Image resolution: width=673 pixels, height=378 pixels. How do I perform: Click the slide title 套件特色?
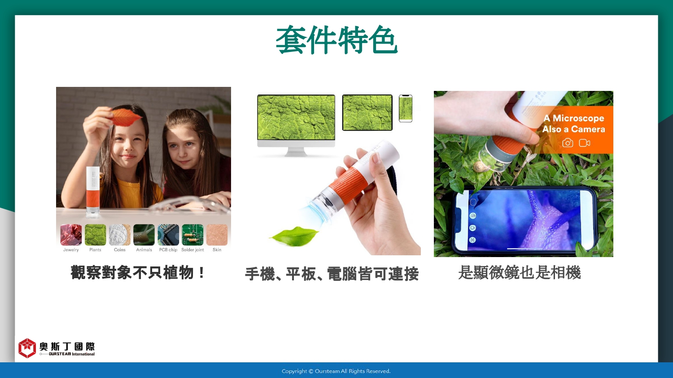pos(336,40)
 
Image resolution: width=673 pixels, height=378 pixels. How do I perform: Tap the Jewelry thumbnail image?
pos(71,235)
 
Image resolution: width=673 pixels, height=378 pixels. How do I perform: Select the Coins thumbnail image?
pos(120,235)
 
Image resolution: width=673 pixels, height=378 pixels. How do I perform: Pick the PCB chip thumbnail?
pos(168,235)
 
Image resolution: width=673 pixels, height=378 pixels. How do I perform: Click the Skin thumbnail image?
pos(217,235)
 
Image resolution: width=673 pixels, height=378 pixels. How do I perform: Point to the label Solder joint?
pos(192,249)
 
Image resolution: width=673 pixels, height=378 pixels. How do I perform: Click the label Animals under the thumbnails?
pos(144,249)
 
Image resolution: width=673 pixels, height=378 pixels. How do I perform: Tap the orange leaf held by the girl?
pos(126,117)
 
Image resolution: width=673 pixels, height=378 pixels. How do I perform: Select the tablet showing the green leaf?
pos(367,112)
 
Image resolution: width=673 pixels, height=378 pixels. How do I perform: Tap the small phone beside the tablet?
pos(406,108)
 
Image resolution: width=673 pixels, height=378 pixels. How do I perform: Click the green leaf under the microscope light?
pos(294,236)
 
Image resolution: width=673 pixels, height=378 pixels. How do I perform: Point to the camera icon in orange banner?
pos(568,143)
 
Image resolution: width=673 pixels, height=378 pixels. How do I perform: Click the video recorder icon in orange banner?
pos(584,143)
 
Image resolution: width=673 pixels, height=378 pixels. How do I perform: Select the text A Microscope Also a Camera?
pos(574,124)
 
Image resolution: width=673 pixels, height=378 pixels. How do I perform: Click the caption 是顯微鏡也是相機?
pos(520,273)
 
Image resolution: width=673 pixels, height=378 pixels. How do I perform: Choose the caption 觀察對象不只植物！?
pos(138,273)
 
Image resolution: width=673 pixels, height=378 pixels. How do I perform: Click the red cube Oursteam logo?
pos(27,348)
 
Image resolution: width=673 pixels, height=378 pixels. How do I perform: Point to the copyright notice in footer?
pos(336,371)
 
